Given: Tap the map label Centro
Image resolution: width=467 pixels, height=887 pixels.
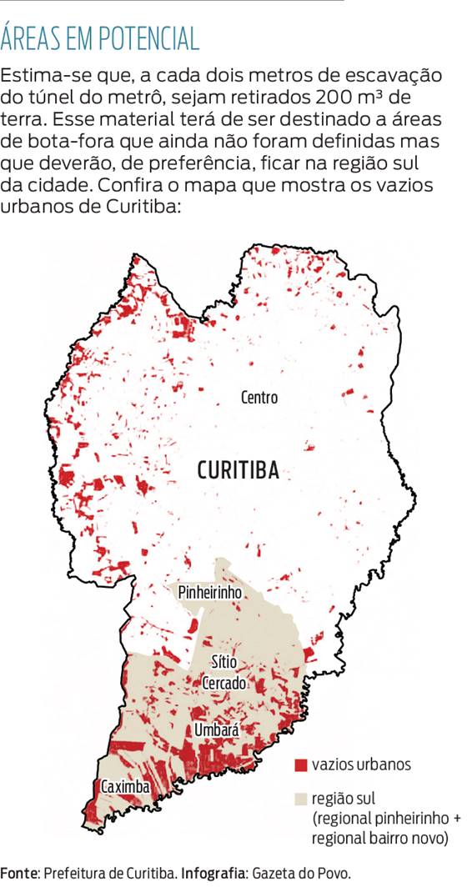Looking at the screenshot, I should click(259, 398).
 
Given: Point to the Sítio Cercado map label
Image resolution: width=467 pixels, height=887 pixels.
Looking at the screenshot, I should click(224, 673).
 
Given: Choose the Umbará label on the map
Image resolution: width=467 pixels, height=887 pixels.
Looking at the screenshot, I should click(216, 730).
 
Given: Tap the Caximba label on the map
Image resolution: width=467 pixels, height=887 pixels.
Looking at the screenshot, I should click(125, 787).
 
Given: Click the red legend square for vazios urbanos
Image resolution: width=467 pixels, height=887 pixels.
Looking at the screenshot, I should click(301, 764).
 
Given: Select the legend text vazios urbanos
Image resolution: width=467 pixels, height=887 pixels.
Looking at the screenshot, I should click(360, 764).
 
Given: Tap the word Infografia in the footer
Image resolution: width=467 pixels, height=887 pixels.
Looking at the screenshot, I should click(213, 873).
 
